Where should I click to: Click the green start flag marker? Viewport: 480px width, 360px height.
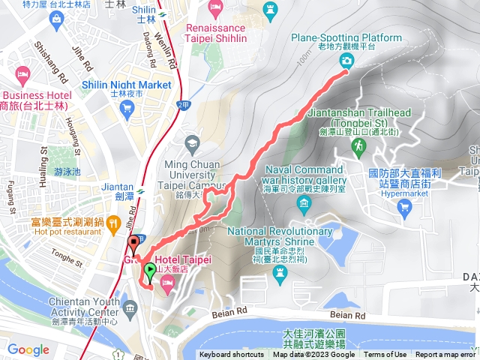tap(149, 270)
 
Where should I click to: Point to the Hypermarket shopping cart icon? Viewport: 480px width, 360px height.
tap(406, 205)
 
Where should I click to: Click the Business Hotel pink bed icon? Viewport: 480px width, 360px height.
tap(22, 74)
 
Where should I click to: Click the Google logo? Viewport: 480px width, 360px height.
tap(28, 349)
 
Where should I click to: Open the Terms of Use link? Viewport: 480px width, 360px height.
tap(385, 355)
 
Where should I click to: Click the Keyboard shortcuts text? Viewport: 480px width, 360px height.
tap(232, 355)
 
